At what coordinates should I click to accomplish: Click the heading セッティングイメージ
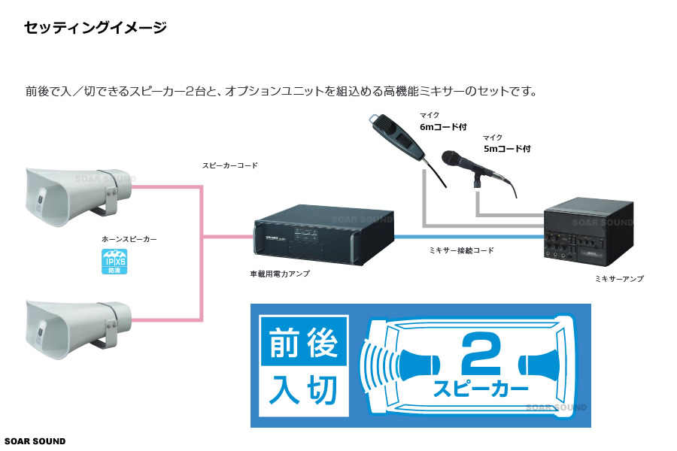coord(95,29)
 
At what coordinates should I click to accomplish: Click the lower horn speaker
coord(75,326)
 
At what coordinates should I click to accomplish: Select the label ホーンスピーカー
coord(129,239)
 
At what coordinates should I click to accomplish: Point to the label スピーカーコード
coord(229,165)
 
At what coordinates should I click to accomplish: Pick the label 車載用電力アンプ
coord(279,274)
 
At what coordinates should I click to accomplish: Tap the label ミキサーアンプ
coord(618,279)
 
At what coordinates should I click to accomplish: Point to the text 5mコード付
coord(506,149)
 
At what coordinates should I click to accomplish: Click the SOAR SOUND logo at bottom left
coord(35,441)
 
